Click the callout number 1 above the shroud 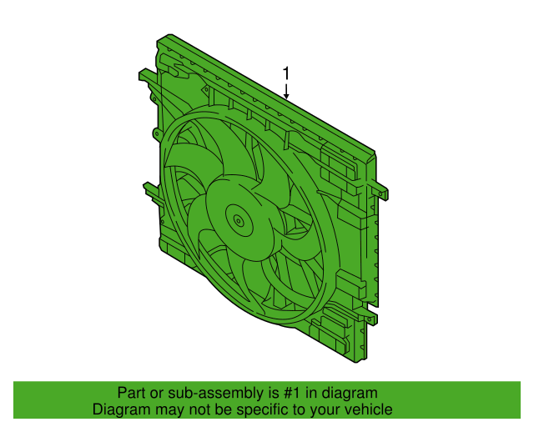(x=286, y=73)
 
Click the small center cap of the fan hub (x=239, y=221)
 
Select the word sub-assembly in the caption (x=209, y=393)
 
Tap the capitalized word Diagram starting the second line (x=120, y=409)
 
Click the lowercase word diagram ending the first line (x=350, y=393)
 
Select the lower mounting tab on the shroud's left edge (x=149, y=189)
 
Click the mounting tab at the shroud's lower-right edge (x=370, y=319)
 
